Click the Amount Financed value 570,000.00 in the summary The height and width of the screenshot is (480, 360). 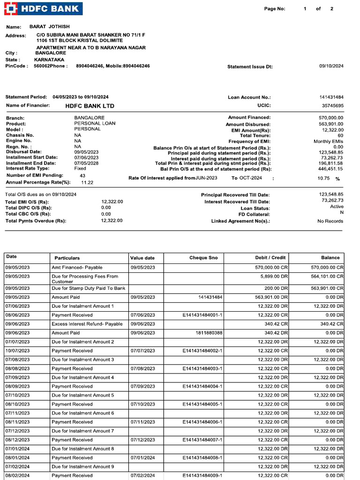point(330,118)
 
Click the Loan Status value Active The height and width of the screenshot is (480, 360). point(336,206)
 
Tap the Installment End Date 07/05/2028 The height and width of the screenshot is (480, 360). point(86,163)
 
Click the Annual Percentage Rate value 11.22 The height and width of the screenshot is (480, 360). point(87,182)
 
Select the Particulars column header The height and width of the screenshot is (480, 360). point(67,258)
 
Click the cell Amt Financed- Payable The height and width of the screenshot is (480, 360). point(77,267)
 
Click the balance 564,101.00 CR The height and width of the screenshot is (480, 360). point(327,276)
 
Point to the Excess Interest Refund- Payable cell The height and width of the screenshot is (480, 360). point(87,324)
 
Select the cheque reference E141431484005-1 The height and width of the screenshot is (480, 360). point(202,404)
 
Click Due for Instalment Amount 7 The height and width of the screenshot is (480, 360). point(82,431)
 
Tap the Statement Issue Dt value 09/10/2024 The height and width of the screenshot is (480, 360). point(331,66)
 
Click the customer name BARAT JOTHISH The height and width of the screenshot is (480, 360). point(49,27)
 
